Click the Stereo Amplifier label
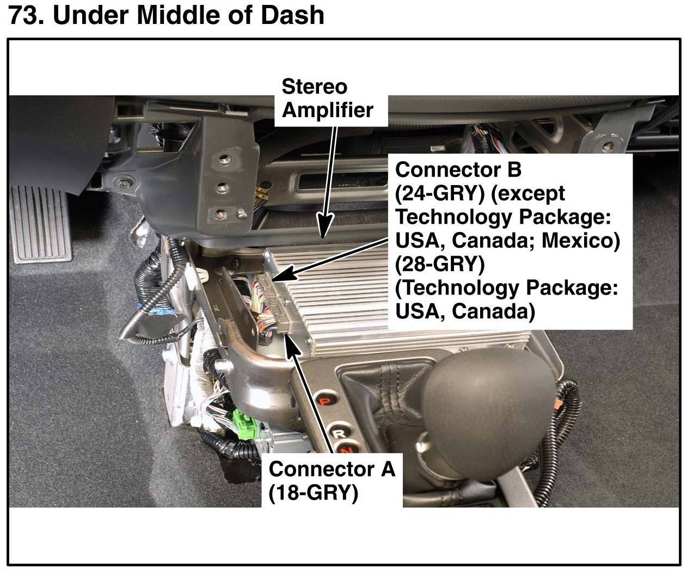[327, 99]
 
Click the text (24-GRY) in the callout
[439, 193]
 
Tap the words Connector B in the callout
[458, 170]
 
